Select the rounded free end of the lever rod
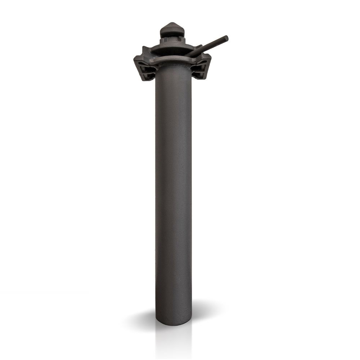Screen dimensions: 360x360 [226, 38]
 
